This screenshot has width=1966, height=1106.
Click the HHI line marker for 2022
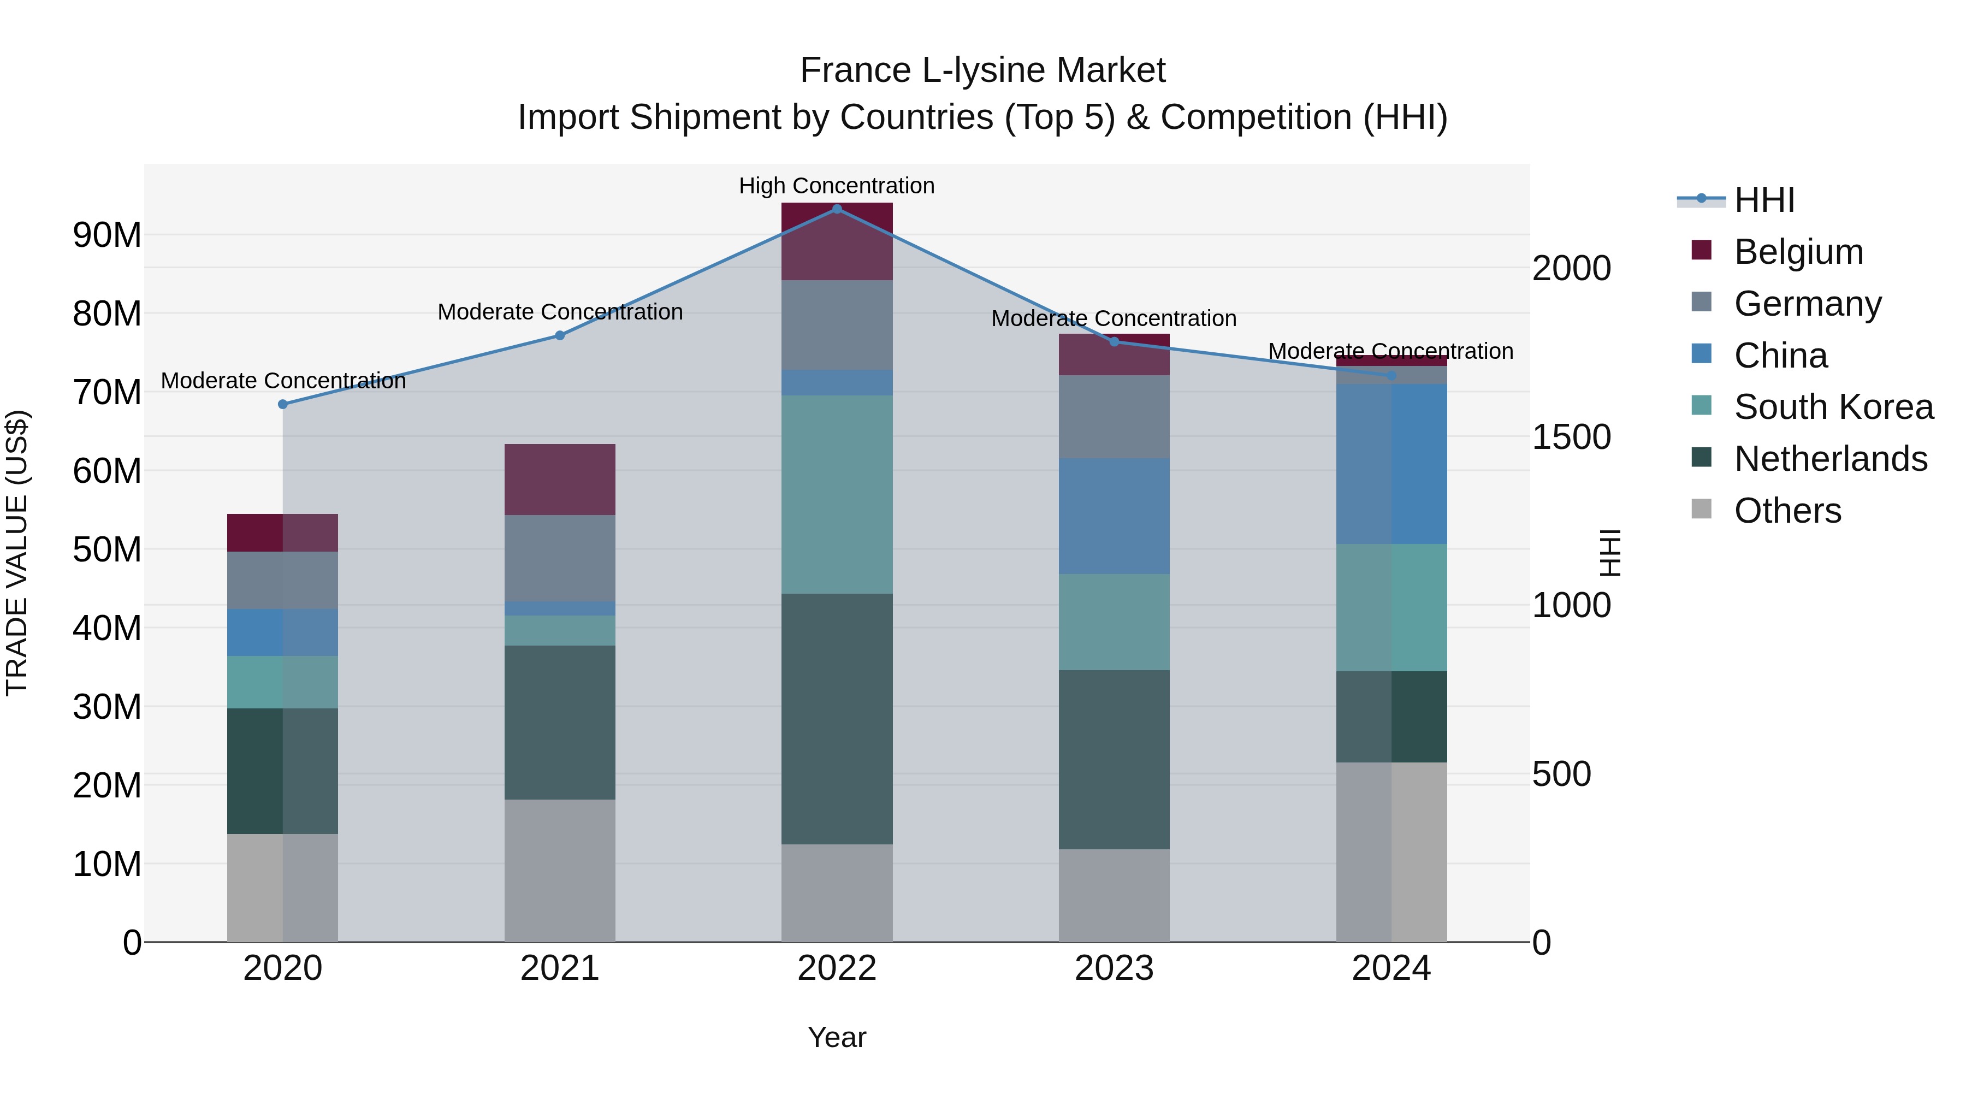coord(837,209)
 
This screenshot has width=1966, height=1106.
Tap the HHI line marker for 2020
coord(282,405)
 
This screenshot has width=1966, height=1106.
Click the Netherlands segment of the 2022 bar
coord(837,718)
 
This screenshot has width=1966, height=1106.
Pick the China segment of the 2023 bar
coord(1114,516)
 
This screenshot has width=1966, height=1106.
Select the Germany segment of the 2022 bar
coord(837,325)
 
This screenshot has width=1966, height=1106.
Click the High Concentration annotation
coord(837,186)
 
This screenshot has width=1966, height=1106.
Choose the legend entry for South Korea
coord(1833,407)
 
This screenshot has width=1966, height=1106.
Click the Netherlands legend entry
coord(1830,459)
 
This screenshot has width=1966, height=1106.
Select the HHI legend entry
coord(1764,200)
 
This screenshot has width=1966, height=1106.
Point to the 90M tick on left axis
coord(107,235)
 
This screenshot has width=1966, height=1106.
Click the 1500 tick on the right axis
coord(1571,437)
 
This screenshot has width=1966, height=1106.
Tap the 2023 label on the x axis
coord(1114,968)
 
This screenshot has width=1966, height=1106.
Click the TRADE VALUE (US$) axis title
coord(17,553)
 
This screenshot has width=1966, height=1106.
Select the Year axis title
coord(837,1037)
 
